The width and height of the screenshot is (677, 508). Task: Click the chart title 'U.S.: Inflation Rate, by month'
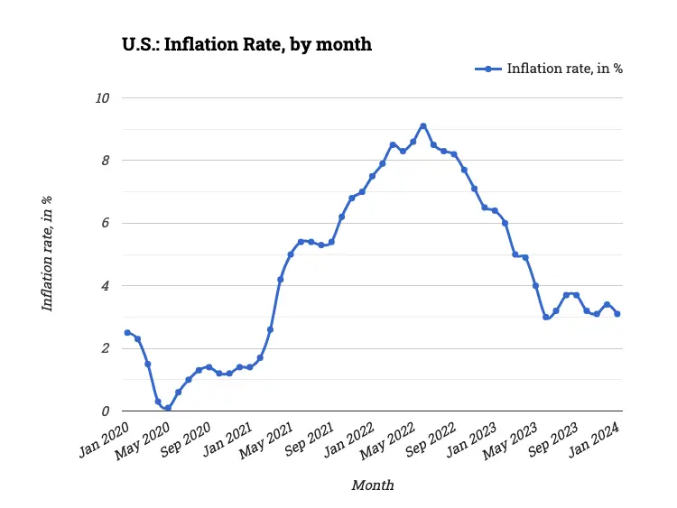pyautogui.click(x=246, y=43)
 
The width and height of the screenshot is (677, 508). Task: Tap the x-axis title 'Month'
pyautogui.click(x=372, y=485)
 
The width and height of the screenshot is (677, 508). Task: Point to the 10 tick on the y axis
pyautogui.click(x=103, y=97)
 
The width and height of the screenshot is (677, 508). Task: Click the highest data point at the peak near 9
pyautogui.click(x=422, y=125)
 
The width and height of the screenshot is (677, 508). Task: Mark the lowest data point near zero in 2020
pyautogui.click(x=168, y=408)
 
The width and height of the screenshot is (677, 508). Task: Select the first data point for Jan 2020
pyautogui.click(x=127, y=333)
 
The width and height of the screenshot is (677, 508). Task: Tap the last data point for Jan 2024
pyautogui.click(x=617, y=314)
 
